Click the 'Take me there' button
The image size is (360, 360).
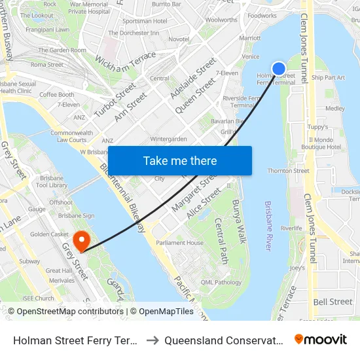pyautogui.click(x=180, y=161)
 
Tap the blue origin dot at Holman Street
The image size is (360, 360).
pyautogui.click(x=279, y=68)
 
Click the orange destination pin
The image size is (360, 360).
pyautogui.click(x=82, y=240)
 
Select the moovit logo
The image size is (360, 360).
pyautogui.click(x=321, y=340)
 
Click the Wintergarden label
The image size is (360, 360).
pyautogui.click(x=169, y=139)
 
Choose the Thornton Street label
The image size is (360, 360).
pyautogui.click(x=288, y=171)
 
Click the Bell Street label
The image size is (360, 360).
pyautogui.click(x=333, y=302)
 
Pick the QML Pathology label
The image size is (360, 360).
pyautogui.click(x=221, y=282)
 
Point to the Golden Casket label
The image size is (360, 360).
pyautogui.click(x=50, y=234)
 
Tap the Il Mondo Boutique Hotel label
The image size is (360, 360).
pyautogui.click(x=325, y=143)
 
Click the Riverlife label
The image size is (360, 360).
pyautogui.click(x=291, y=228)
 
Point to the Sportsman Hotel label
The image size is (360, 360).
pyautogui.click(x=145, y=21)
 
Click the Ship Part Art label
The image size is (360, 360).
pyautogui.click(x=328, y=77)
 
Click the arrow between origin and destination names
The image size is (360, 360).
pyautogui.click(x=150, y=340)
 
